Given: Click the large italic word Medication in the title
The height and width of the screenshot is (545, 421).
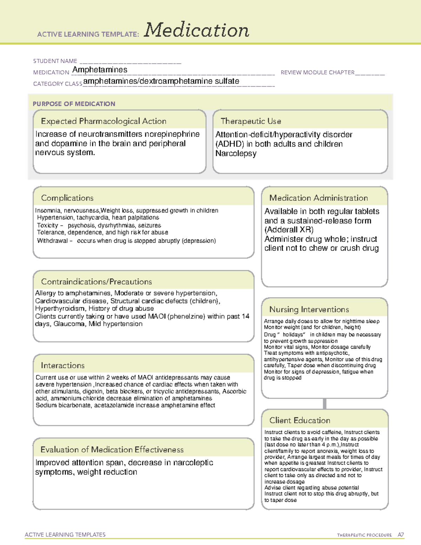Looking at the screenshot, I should click(x=196, y=30).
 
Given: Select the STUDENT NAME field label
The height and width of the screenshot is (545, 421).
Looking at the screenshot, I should click(x=55, y=61).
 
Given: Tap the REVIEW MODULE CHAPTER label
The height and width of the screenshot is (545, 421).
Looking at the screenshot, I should click(x=318, y=73).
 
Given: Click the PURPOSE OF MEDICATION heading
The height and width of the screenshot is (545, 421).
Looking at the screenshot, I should click(x=74, y=104).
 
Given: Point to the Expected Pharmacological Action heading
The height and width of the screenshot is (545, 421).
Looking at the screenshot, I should click(x=103, y=121).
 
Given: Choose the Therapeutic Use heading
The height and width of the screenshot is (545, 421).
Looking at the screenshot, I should click(x=251, y=121).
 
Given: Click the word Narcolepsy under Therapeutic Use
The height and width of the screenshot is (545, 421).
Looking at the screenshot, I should click(x=236, y=154).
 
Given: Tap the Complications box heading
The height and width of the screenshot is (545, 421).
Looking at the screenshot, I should click(x=67, y=198).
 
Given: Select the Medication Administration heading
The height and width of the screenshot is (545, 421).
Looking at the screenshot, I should click(x=319, y=198).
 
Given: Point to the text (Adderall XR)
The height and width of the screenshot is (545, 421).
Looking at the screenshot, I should click(x=289, y=230).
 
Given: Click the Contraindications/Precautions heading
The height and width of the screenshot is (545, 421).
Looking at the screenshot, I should click(x=96, y=282).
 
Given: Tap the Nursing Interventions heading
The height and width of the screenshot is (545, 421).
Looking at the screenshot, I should click(x=309, y=310).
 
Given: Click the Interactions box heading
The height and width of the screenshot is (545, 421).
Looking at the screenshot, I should click(x=63, y=366).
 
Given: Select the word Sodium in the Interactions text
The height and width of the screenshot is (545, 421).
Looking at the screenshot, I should click(x=46, y=405).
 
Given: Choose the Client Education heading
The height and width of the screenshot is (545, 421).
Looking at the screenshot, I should click(x=300, y=420).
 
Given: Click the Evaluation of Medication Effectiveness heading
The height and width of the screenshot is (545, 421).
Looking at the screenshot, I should click(x=112, y=450).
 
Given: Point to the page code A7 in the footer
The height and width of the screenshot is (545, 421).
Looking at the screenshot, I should click(x=401, y=535).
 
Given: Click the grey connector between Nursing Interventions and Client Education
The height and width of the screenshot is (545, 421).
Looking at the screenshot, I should click(x=325, y=404).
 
